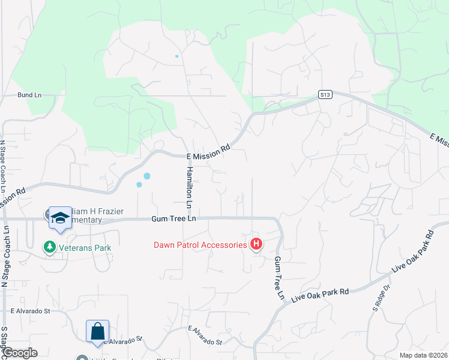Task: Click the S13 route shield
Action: click(325, 94)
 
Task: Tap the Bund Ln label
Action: click(29, 95)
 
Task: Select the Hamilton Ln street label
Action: click(189, 188)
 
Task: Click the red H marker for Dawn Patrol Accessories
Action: click(256, 244)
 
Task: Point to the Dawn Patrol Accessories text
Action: click(200, 245)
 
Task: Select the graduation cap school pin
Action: click(60, 217)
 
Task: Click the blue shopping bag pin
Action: click(98, 331)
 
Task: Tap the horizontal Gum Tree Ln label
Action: click(174, 219)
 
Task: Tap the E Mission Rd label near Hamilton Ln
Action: click(208, 156)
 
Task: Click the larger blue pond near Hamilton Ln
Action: click(146, 176)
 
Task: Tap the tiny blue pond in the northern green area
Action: click(176, 56)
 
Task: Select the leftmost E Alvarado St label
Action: click(38, 311)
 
